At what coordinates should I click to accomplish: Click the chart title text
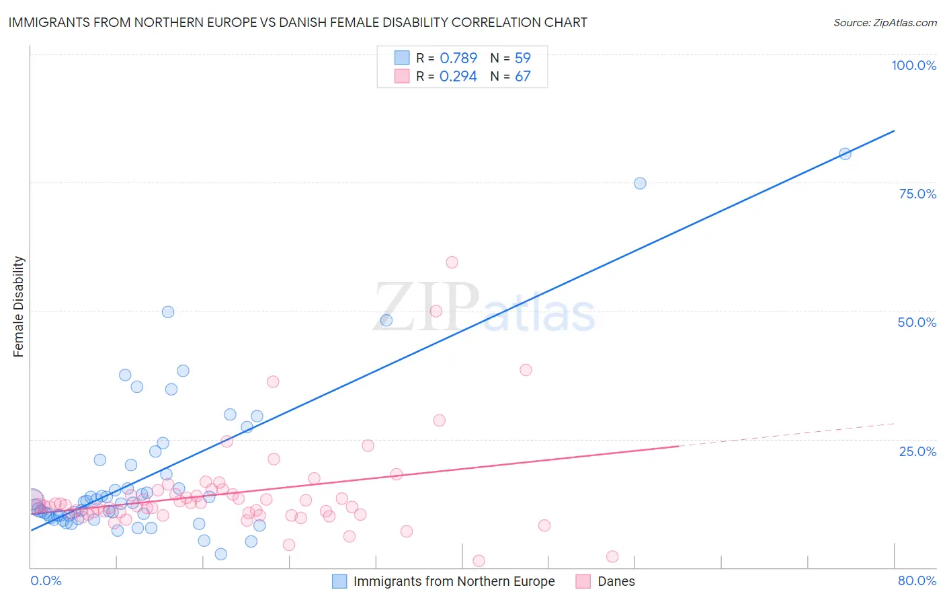298,22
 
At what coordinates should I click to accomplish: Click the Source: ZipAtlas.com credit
885,22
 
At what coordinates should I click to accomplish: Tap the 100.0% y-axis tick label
913,65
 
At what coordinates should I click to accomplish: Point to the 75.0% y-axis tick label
917,194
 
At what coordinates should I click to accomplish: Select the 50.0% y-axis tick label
917,322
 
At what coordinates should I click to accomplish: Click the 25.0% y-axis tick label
917,451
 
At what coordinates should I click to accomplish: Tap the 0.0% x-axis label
46,580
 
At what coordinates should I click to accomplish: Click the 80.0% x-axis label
917,580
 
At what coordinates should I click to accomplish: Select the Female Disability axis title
19,306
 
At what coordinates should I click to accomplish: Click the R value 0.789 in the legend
458,58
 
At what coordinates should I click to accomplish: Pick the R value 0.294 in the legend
458,76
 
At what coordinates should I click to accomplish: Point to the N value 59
522,58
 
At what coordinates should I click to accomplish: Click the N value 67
522,76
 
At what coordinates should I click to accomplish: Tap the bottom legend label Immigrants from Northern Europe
454,581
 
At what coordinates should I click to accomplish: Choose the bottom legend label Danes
616,581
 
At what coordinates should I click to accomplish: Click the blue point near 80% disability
845,153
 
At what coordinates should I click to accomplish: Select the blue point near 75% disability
640,183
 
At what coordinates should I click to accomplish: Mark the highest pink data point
452,262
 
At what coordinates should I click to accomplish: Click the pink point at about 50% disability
436,311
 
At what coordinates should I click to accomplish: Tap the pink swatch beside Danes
583,581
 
